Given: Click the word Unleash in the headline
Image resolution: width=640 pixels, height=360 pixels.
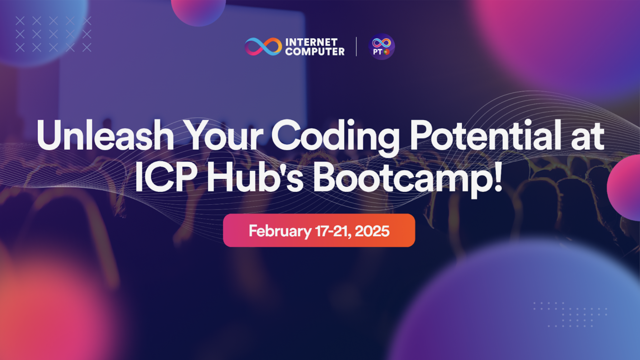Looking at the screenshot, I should coord(105,136).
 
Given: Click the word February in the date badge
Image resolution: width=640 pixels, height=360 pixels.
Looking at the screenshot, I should coord(280,231).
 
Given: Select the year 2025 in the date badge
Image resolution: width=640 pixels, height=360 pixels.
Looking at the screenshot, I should coord(372,231).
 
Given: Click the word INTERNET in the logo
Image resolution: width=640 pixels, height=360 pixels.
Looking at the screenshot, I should coord(311,42).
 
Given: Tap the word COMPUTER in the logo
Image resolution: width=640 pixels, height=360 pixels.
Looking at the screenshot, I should coord(315,51).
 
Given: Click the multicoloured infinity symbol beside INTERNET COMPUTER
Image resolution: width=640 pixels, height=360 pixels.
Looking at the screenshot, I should coord(263,47).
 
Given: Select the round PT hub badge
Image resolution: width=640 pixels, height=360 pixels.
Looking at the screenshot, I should coord(382,47).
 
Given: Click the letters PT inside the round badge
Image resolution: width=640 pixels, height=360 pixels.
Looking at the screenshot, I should coord(377,52).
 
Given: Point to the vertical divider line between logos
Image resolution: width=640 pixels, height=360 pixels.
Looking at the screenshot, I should coord(356,47).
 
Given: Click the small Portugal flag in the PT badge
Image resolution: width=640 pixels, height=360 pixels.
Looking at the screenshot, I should coord(387,52).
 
